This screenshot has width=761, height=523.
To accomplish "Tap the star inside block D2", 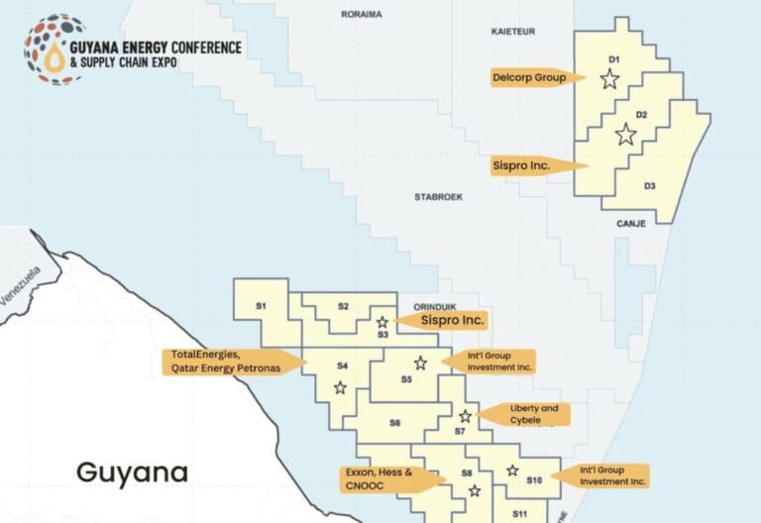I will click(625, 136).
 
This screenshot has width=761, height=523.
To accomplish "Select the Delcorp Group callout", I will click(530, 77).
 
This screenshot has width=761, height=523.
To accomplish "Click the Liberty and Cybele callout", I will click(525, 414).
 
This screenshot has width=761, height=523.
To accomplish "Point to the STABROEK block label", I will click(439, 197).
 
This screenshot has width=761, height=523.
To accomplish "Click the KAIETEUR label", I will click(513, 32).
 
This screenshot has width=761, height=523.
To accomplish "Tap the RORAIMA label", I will click(362, 15).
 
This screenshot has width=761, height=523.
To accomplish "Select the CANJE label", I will click(630, 224).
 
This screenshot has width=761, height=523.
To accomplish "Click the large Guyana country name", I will click(132, 472).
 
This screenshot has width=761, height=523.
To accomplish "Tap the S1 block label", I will click(261, 306).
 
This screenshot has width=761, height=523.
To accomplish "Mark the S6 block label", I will click(394, 423).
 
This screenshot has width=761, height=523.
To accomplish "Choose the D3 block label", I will click(649, 185).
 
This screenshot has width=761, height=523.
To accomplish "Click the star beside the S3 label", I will click(381, 322).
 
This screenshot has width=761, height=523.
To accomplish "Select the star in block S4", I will click(340, 387).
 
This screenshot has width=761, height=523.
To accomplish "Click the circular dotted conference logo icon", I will click(53, 50).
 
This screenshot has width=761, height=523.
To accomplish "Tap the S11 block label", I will click(519, 514).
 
